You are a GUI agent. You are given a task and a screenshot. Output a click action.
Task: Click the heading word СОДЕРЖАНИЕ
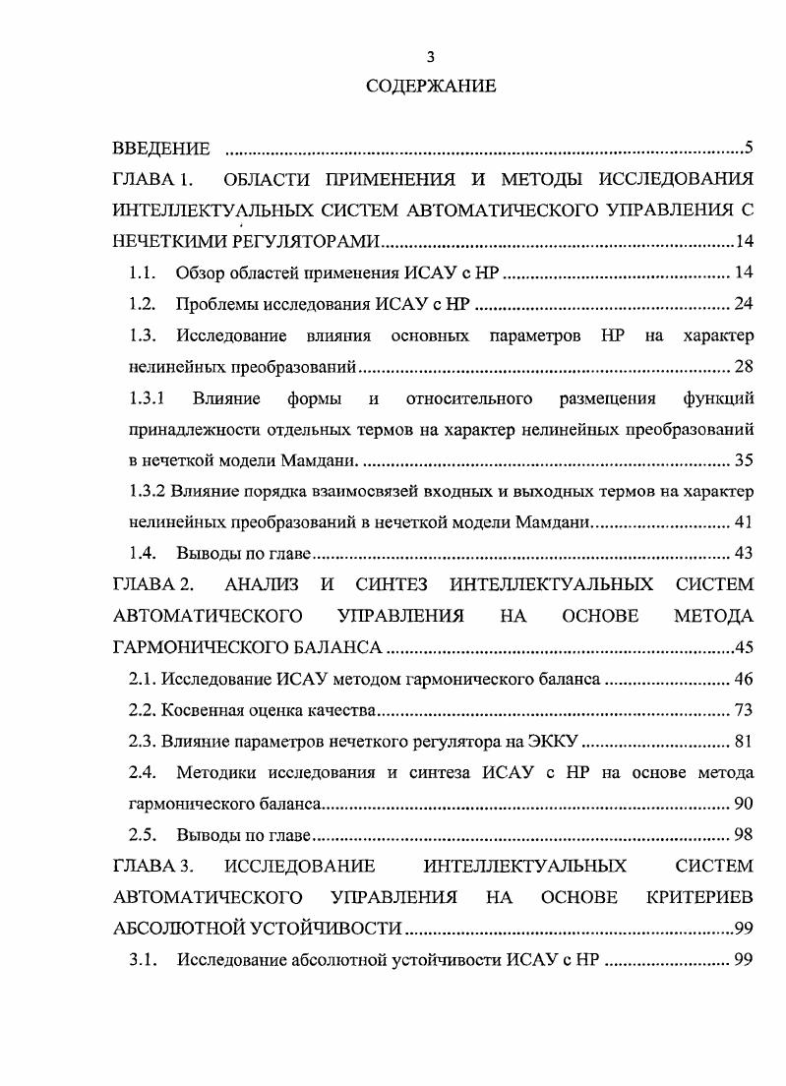pyautogui.click(x=431, y=87)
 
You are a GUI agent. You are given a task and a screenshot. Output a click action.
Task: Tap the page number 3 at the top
pyautogui.click(x=431, y=56)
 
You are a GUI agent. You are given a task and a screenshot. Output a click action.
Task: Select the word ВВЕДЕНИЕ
pyautogui.click(x=161, y=150)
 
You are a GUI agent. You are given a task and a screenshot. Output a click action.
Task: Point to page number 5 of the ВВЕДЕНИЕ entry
pyautogui.click(x=749, y=150)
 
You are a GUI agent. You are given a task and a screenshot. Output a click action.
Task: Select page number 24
pyautogui.click(x=744, y=303)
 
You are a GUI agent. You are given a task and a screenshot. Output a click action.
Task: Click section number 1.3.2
pyautogui.click(x=150, y=492)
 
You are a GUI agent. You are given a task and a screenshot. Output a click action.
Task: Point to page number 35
pyautogui.click(x=744, y=461)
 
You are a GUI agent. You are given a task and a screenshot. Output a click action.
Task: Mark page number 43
pyautogui.click(x=744, y=554)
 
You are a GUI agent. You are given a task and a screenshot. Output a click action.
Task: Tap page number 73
pyautogui.click(x=744, y=710)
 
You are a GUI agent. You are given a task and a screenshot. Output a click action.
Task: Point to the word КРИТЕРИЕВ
pyautogui.click(x=699, y=897)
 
